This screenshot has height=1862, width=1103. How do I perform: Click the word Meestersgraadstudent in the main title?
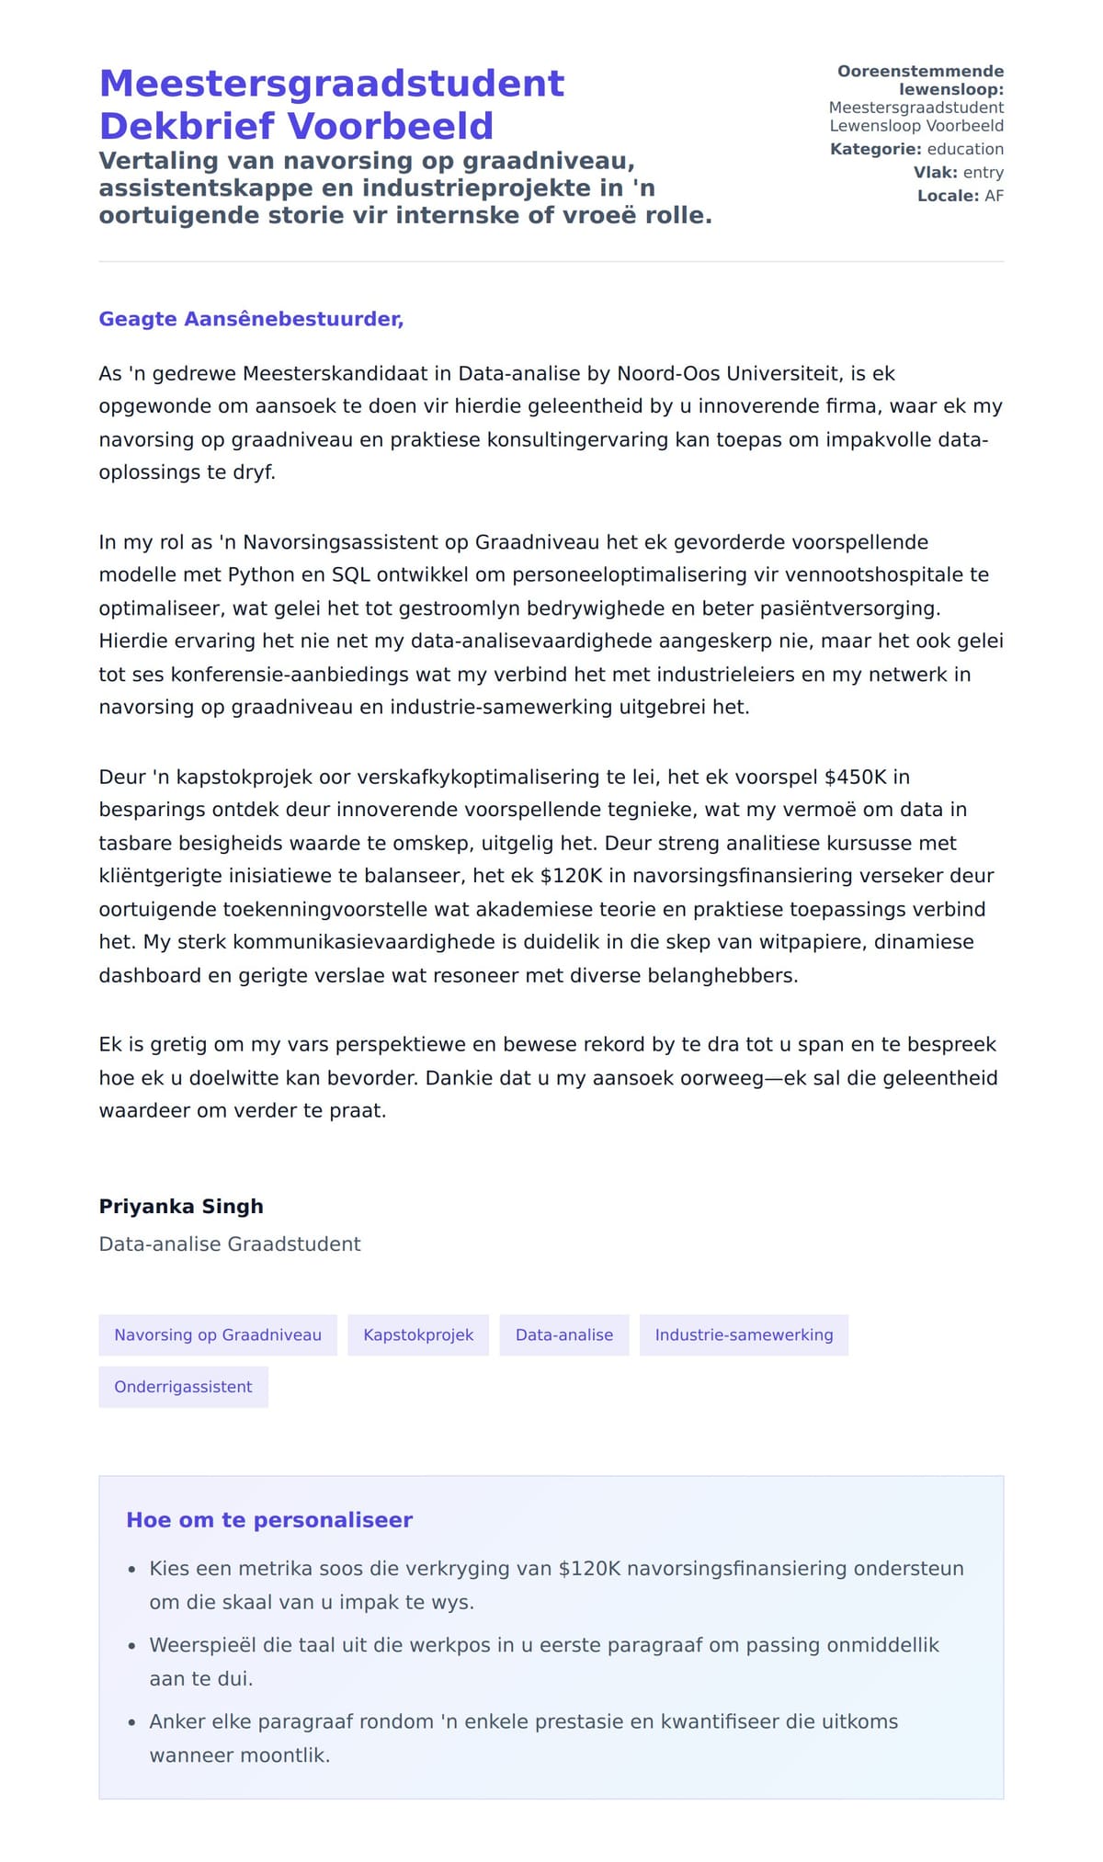pos(331,84)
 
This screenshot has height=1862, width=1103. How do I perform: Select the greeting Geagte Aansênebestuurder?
pos(251,319)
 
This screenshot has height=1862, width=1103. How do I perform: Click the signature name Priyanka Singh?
pos(181,1206)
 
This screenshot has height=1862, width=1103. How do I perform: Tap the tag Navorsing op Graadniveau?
pos(218,1334)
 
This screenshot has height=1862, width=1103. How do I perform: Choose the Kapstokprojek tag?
pos(418,1334)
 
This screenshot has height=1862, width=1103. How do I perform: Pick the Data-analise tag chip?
pos(563,1334)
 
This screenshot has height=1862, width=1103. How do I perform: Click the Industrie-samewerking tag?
pos(744,1334)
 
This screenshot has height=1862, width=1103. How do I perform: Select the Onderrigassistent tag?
pos(183,1387)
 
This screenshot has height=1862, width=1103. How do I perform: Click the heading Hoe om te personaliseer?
pos(269,1519)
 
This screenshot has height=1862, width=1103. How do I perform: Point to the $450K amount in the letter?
pos(855,777)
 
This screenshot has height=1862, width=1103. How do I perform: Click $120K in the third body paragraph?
pos(571,876)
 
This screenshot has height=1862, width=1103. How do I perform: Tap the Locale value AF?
pos(994,196)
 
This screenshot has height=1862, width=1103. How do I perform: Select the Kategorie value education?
pos(965,149)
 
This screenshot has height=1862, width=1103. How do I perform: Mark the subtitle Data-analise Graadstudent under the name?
pos(230,1243)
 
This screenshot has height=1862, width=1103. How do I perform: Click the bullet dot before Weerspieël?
pos(132,1646)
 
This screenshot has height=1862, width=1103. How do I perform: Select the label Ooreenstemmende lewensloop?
pos(921,80)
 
